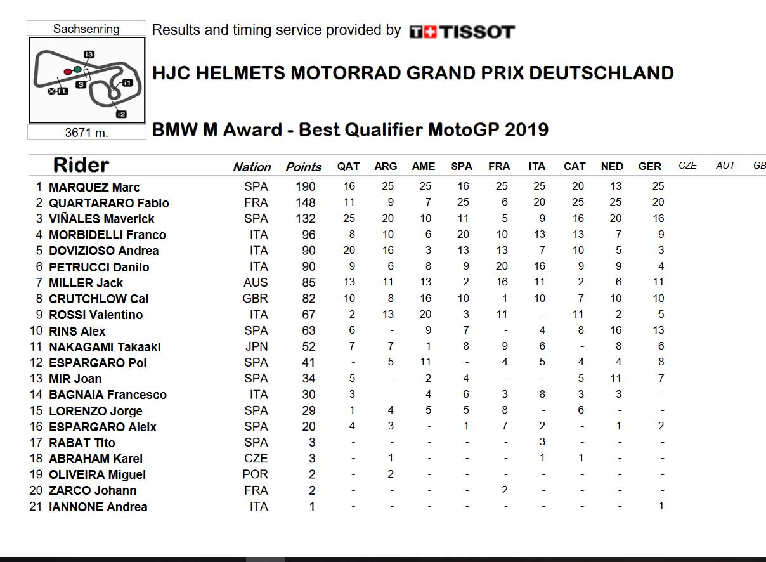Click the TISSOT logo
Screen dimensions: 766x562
tap(462, 32)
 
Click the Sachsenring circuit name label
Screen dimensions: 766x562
tap(86, 29)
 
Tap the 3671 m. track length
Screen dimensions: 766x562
tap(86, 133)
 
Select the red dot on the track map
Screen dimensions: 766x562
tap(68, 72)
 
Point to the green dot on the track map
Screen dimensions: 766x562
tap(77, 69)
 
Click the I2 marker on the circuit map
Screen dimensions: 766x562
tap(121, 114)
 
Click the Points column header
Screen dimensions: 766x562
tap(304, 167)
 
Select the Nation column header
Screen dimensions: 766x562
tap(252, 167)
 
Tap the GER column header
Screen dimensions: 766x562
tap(650, 166)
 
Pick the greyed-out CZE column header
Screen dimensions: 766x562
tap(688, 166)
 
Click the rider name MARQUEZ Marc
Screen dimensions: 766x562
tap(94, 187)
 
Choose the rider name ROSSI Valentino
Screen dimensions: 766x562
tap(96, 315)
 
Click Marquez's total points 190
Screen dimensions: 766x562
tap(306, 186)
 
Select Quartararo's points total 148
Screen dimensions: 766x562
tap(306, 202)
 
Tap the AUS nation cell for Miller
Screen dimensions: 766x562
tap(256, 282)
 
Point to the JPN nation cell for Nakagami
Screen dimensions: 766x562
tap(257, 346)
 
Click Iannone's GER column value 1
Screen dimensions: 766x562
tap(661, 506)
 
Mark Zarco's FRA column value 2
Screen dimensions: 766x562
tap(505, 490)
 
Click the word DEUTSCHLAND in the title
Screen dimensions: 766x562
tap(601, 73)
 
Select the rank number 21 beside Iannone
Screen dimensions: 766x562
tap(36, 506)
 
